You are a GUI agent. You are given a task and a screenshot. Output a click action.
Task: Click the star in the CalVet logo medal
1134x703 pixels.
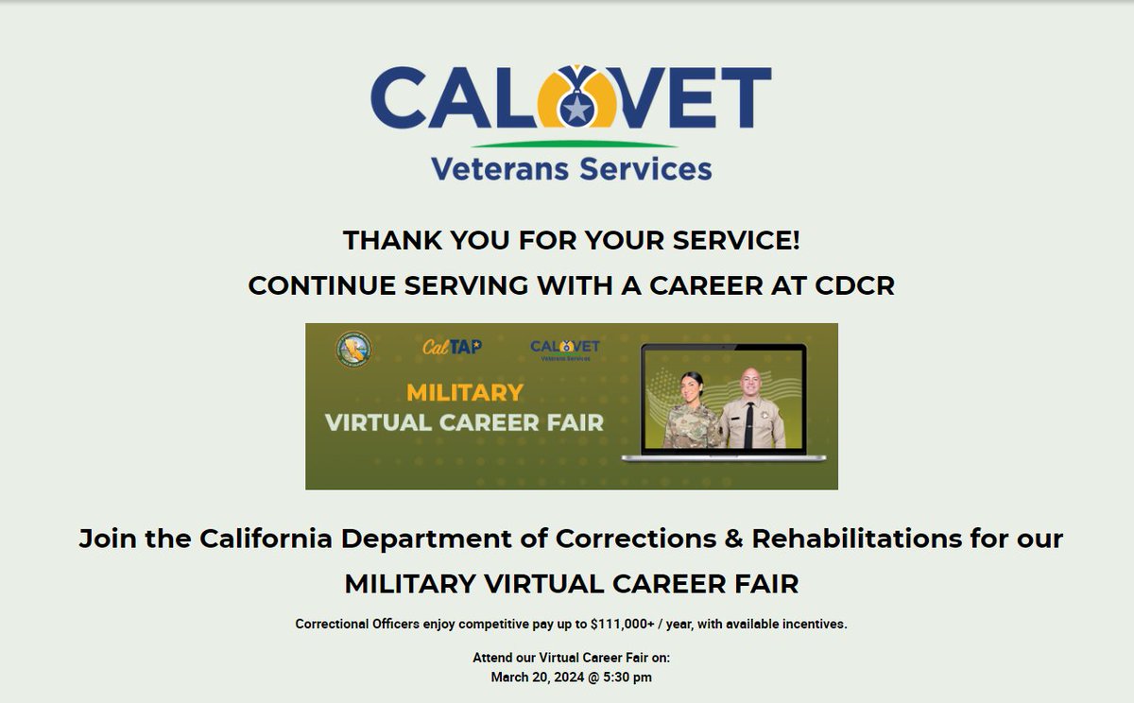tap(576, 110)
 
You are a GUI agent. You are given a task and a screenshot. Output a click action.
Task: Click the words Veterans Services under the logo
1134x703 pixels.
tap(571, 169)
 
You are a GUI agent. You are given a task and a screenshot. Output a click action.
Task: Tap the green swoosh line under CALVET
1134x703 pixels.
tap(574, 145)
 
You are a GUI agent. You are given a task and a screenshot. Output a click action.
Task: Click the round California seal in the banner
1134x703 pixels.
tap(354, 349)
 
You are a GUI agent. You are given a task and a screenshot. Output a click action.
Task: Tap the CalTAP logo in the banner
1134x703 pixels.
tap(452, 347)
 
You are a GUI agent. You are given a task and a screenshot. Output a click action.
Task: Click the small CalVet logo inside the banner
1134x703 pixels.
tap(565, 350)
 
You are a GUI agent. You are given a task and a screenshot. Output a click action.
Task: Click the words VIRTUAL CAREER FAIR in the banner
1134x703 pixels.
tap(464, 422)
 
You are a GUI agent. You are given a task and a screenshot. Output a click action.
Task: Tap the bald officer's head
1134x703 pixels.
tap(750, 381)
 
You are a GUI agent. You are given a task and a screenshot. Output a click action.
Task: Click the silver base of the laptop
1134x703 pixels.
tap(723, 457)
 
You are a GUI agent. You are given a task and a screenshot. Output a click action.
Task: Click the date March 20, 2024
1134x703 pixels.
tap(542, 677)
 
